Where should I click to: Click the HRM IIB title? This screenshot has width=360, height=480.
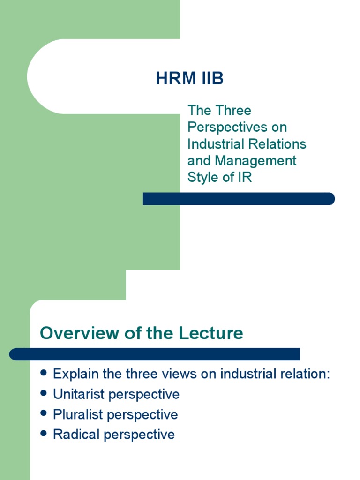point(190,78)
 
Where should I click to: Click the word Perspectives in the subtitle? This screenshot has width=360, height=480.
point(227,127)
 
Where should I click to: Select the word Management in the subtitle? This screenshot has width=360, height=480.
point(255,161)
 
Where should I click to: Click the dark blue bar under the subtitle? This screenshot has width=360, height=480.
point(239,199)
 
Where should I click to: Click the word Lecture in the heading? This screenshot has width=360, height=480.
point(211,333)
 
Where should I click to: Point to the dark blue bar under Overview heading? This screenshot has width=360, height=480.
point(154,354)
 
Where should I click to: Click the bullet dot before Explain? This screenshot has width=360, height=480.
point(44,373)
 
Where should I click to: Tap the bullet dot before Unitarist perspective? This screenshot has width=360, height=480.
point(44,393)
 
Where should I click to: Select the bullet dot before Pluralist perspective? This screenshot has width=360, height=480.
point(44,413)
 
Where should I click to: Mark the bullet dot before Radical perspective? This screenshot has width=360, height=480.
point(44,434)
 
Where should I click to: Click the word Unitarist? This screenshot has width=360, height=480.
point(79,394)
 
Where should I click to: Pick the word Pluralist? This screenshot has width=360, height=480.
point(78,414)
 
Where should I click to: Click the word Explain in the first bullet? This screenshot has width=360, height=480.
point(75,374)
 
